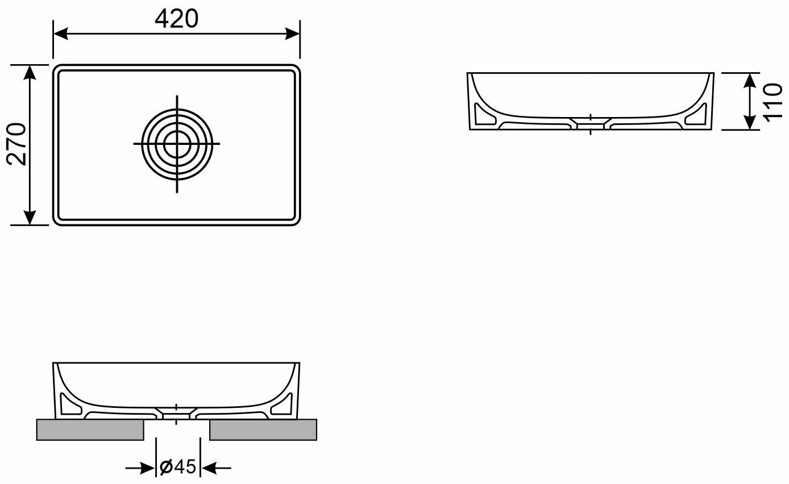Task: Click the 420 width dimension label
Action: point(176,19)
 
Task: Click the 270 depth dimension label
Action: point(16,144)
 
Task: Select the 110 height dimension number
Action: point(773,102)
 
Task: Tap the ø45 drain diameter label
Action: point(177,467)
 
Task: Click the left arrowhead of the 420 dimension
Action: point(61,34)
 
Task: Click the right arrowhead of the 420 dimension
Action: point(292,34)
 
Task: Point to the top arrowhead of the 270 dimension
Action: point(30,73)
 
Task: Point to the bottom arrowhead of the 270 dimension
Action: point(30,218)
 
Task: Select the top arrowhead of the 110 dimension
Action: point(750,80)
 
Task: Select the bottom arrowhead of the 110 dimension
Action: point(750,122)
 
